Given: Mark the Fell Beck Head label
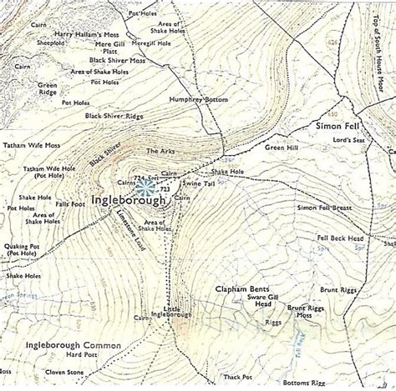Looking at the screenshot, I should (340, 238).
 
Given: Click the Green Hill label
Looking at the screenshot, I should (282, 148).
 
